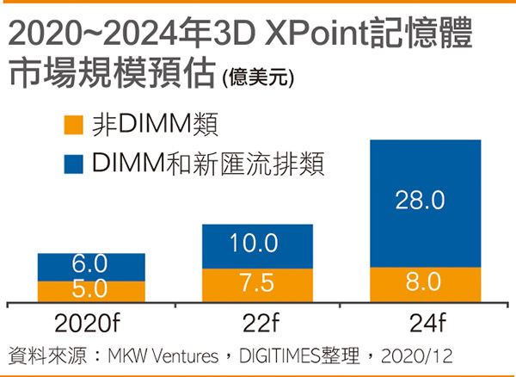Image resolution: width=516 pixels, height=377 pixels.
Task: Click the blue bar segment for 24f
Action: (x=419, y=203)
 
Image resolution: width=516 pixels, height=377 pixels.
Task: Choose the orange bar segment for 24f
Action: (x=419, y=284)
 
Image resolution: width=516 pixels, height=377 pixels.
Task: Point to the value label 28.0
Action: (x=420, y=201)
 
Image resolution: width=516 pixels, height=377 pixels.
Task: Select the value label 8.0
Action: (x=420, y=283)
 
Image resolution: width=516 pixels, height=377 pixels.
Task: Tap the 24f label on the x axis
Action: (x=419, y=324)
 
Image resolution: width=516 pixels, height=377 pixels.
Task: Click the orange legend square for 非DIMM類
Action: (x=74, y=127)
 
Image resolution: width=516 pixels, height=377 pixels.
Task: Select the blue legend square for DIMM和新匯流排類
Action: (x=74, y=164)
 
